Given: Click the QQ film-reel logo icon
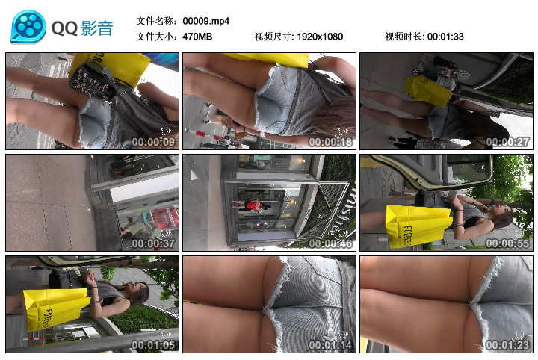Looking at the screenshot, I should (x=28, y=27).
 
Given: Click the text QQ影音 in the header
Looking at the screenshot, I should (x=82, y=28).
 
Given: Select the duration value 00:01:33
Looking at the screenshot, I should (x=446, y=36).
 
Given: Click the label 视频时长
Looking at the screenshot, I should (x=404, y=36).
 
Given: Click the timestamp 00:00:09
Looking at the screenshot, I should (x=153, y=141).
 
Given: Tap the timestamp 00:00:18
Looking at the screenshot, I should (x=330, y=141).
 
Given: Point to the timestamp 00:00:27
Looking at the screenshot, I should (x=507, y=141).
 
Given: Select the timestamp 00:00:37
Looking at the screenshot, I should (x=153, y=243).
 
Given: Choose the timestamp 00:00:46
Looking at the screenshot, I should (x=330, y=243).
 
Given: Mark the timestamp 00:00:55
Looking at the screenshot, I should (x=507, y=243).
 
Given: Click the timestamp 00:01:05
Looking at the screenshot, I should (x=153, y=345).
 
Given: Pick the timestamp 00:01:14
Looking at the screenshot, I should (x=330, y=345).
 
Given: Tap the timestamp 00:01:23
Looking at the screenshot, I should (x=507, y=345).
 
